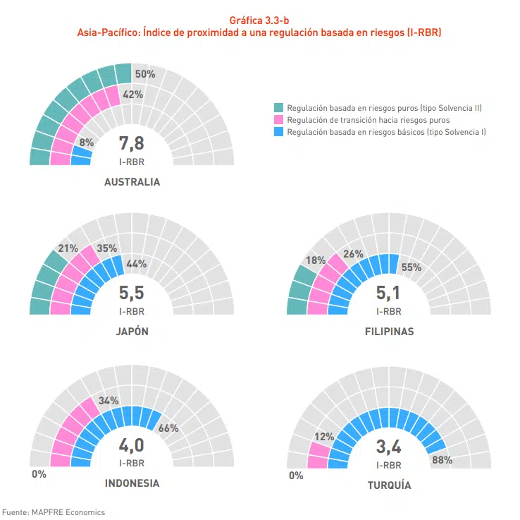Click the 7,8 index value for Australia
point(132,144)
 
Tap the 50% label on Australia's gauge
point(144,74)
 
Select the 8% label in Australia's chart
point(87,142)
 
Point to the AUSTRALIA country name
point(132,182)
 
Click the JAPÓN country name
point(132,331)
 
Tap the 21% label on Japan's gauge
point(68,248)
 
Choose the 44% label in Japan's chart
point(136,264)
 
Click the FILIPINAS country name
point(389,331)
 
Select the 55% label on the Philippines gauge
point(411,267)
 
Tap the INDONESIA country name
point(132,483)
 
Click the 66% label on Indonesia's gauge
point(168,428)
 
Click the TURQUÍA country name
point(389,485)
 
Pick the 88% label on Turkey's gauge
point(442,460)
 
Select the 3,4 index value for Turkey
point(389,447)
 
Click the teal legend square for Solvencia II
point(279,108)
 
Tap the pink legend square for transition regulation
point(279,120)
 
